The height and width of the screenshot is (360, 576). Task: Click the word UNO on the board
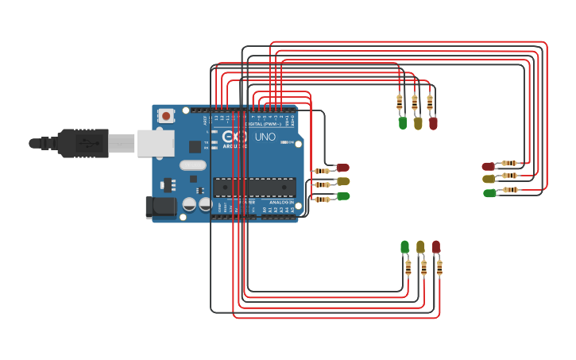pyautogui.click(x=265, y=137)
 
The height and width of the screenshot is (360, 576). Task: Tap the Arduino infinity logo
pyautogui.click(x=241, y=136)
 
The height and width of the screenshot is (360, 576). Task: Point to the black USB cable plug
pyautogui.click(x=83, y=143)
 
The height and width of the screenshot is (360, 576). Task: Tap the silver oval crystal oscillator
pyautogui.click(x=192, y=166)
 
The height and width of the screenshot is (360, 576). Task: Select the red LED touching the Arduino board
pyautogui.click(x=342, y=168)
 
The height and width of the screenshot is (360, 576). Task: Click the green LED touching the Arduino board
pyautogui.click(x=342, y=195)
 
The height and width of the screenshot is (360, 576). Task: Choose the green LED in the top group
pyautogui.click(x=403, y=123)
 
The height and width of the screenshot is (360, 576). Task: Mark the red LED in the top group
pyautogui.click(x=433, y=123)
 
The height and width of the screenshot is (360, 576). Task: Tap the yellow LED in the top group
pyautogui.click(x=418, y=123)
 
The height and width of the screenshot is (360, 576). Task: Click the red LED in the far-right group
pyautogui.click(x=489, y=166)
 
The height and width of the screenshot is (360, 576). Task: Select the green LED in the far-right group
pyautogui.click(x=489, y=192)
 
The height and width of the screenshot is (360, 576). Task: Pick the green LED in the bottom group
pyautogui.click(x=405, y=246)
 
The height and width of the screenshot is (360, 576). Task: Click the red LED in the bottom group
pyautogui.click(x=435, y=246)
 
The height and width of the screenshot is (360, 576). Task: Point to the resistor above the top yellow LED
pyautogui.click(x=415, y=102)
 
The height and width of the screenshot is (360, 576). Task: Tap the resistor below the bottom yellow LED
pyautogui.click(x=423, y=268)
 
